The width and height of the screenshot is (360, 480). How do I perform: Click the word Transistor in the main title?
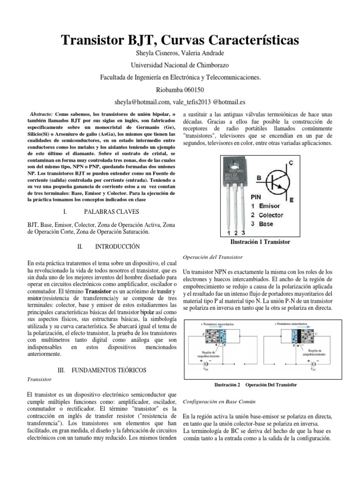pos(97,41)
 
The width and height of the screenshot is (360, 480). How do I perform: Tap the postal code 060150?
pos(192,89)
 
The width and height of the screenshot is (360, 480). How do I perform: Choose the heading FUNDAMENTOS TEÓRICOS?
pos(108,370)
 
